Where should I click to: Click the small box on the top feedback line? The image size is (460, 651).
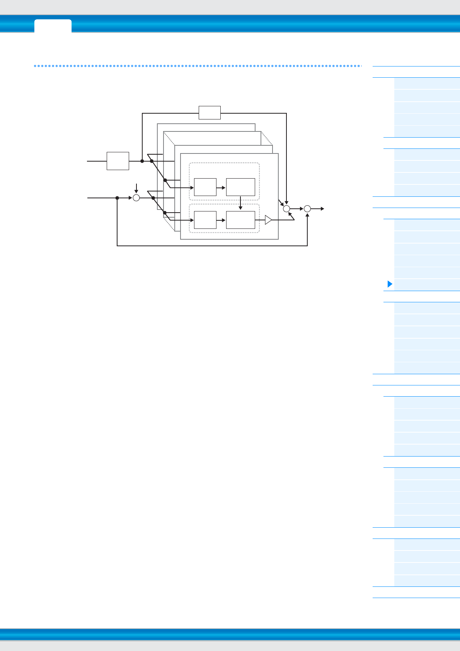(210, 112)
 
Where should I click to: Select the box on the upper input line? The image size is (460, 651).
(118, 161)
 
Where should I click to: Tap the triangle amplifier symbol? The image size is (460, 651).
(268, 220)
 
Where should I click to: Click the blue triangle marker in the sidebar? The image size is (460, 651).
(390, 285)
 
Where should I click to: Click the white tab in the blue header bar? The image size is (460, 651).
(53, 26)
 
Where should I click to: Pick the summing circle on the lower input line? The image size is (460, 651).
(136, 198)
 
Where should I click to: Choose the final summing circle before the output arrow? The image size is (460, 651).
(307, 209)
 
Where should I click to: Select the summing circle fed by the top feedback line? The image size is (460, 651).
(286, 209)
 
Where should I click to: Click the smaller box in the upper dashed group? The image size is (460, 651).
(205, 187)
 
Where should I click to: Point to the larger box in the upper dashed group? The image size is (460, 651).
(240, 187)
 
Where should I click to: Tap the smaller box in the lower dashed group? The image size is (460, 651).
(205, 220)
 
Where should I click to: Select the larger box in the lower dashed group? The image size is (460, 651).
(240, 220)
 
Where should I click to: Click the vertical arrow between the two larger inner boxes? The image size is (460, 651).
(240, 204)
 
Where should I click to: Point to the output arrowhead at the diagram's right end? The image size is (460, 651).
(322, 209)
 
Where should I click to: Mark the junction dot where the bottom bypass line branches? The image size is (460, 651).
(117, 198)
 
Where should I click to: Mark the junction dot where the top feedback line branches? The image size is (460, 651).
(142, 161)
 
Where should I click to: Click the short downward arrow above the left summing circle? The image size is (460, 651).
(136, 189)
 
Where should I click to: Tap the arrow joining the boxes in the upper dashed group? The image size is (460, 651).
(221, 187)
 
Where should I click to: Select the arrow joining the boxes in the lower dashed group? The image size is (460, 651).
(221, 220)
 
